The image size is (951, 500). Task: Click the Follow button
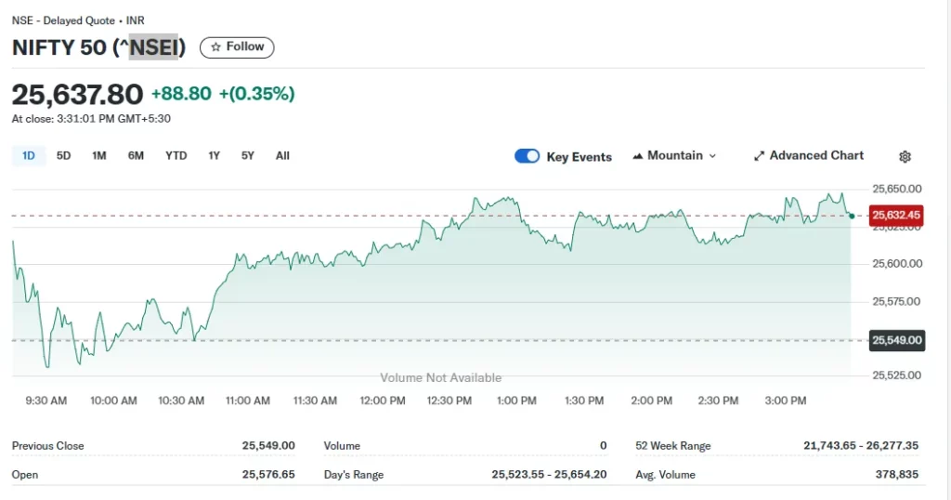237,47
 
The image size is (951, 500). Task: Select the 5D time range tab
63,156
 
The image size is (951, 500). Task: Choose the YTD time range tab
176,156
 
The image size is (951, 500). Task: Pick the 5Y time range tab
248,156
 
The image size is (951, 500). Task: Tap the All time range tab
282,156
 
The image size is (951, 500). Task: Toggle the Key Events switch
527,156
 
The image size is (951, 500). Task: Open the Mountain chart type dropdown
674,156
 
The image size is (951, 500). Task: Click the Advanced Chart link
808,156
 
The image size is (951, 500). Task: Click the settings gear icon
905,157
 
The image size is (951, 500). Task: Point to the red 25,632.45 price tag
896,216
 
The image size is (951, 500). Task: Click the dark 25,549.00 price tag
896,340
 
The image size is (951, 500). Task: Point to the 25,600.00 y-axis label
896,264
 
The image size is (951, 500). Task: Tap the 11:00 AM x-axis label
248,401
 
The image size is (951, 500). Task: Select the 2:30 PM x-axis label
718,401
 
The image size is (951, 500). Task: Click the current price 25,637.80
77,94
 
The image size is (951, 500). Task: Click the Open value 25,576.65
268,475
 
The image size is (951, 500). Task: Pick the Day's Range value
549,475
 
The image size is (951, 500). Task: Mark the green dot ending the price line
852,217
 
